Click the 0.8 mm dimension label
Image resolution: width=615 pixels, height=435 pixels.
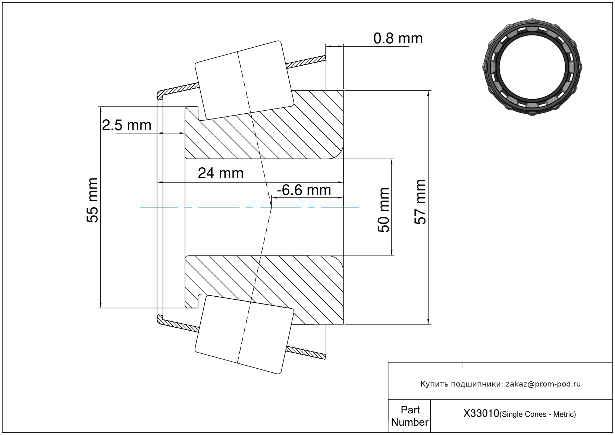coord(398,38)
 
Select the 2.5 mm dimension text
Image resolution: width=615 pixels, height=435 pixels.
coord(127,125)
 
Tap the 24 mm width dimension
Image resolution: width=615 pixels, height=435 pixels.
coord(220,173)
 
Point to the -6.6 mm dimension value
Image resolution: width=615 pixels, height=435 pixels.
coord(304,190)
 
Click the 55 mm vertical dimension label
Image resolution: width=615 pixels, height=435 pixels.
coord(92,201)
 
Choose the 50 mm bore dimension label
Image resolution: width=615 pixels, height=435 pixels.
coord(383,210)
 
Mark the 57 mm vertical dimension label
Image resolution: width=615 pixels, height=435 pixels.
coord(420,202)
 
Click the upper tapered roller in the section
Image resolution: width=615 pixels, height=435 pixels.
coord(244,80)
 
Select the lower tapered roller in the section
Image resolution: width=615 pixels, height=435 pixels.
coord(244,334)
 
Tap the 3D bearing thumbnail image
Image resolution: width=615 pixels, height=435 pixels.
coord(532,66)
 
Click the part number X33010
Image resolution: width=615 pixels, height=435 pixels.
coord(481,413)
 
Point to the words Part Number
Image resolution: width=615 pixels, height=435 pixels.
coord(410,416)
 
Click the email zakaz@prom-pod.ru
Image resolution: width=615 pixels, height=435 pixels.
coord(543,384)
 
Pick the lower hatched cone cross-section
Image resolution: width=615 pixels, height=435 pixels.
coord(269,283)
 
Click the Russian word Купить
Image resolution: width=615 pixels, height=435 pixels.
coord(434,384)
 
